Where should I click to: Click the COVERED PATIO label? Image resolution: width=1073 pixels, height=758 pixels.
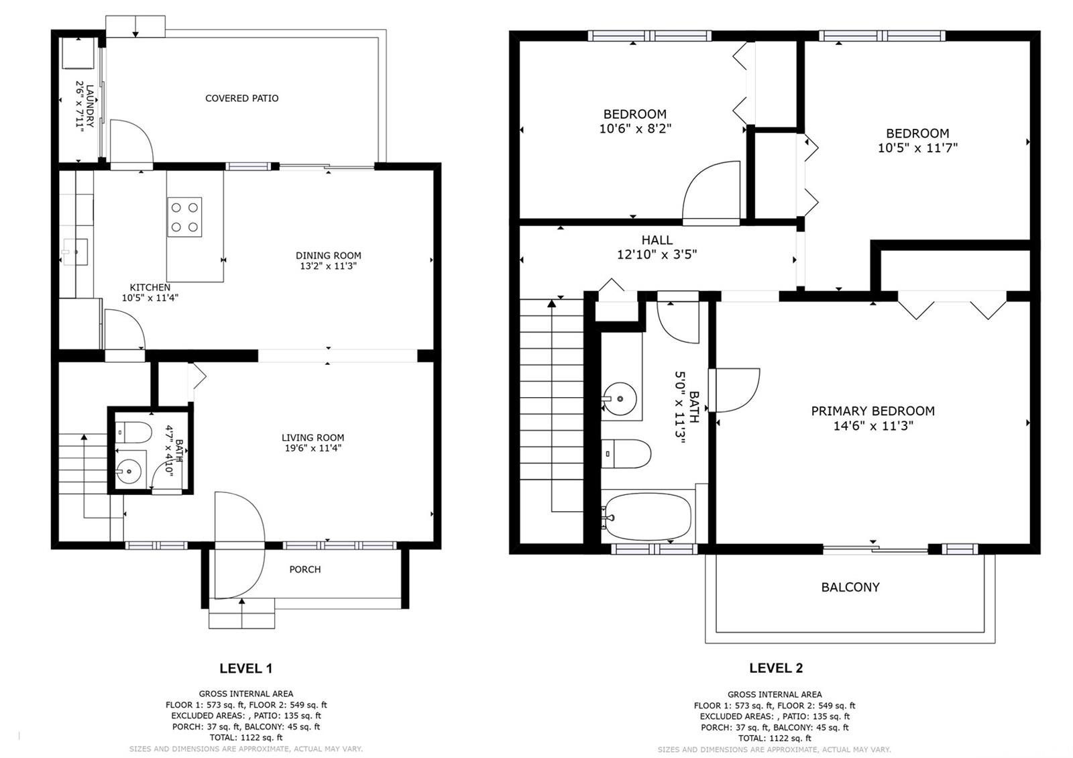click(242, 98)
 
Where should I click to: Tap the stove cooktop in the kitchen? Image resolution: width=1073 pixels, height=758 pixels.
click(184, 217)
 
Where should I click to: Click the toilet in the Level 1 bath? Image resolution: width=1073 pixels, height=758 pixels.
click(133, 432)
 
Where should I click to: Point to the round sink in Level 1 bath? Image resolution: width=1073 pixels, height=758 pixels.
click(128, 472)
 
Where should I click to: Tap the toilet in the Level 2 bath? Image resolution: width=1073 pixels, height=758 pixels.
click(626, 453)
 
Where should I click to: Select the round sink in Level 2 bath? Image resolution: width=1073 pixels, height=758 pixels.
click(620, 398)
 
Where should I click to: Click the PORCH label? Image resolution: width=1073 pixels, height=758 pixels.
click(305, 570)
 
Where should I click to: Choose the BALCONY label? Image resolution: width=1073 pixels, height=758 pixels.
click(850, 588)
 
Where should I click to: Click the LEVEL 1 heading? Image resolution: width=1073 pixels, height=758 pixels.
click(245, 668)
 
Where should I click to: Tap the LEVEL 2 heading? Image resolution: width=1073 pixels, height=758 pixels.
click(776, 668)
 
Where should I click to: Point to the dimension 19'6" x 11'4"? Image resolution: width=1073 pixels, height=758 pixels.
click(313, 449)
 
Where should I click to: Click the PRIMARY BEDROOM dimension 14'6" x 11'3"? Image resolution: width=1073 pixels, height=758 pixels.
click(872, 426)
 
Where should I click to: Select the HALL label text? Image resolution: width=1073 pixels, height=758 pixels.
click(657, 240)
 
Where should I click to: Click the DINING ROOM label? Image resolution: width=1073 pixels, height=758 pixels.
click(328, 256)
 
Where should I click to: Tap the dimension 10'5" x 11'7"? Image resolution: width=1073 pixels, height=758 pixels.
click(917, 148)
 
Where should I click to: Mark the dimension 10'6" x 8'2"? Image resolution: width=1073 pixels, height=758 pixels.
click(635, 129)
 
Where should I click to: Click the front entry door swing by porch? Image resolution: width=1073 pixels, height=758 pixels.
click(239, 545)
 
